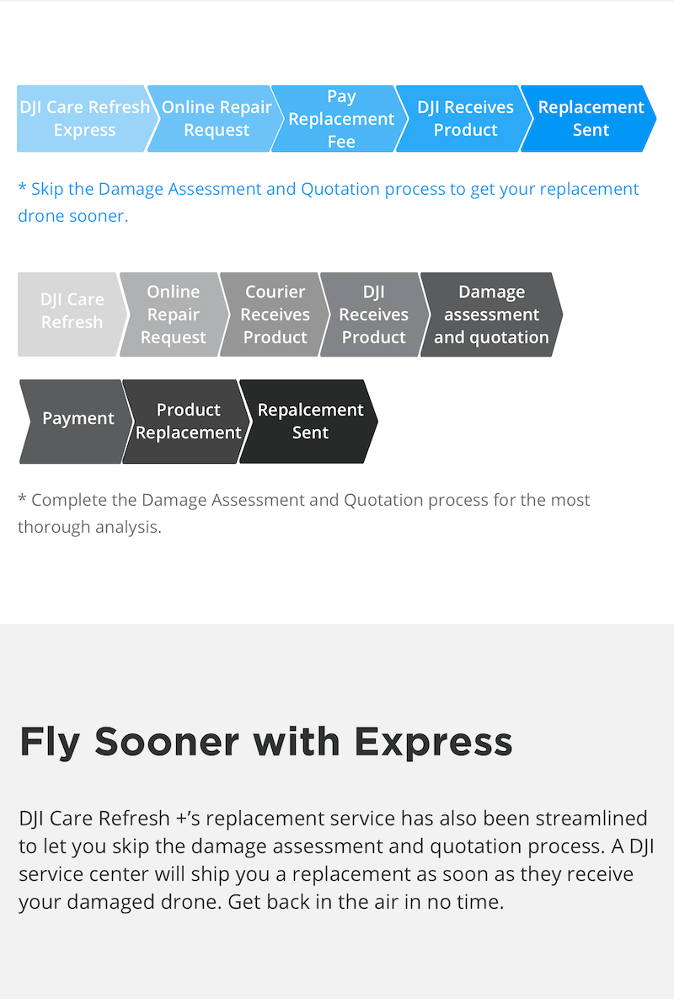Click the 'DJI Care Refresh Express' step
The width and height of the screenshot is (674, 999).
click(x=84, y=119)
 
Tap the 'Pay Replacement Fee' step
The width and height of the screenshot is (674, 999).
click(x=341, y=119)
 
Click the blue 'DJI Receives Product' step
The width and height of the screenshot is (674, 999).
click(x=465, y=119)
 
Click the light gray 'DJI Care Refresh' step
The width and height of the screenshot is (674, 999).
click(x=72, y=314)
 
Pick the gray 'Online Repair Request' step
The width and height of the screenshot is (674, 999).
click(x=173, y=314)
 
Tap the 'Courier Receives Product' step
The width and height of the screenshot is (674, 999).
click(x=275, y=314)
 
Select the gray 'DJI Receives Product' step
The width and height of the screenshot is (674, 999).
click(x=373, y=314)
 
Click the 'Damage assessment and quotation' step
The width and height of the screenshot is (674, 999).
click(x=491, y=314)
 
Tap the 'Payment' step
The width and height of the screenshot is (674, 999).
click(x=78, y=422)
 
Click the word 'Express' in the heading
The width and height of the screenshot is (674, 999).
click(x=433, y=742)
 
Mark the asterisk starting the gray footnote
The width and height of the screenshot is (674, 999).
click(x=22, y=497)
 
